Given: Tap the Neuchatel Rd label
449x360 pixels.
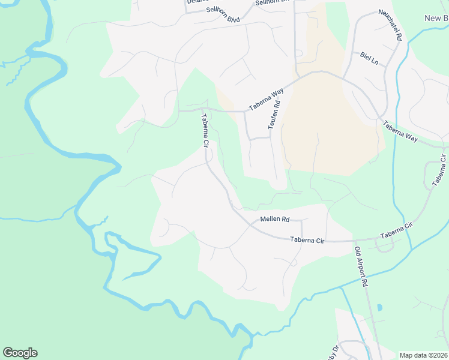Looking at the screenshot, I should [x=390, y=25].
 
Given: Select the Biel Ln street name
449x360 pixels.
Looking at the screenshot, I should [x=370, y=59].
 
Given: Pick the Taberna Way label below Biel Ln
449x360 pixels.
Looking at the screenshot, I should [x=400, y=130].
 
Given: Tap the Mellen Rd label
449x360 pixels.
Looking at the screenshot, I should [x=275, y=220].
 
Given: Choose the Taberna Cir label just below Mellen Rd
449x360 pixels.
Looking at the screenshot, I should [x=307, y=240].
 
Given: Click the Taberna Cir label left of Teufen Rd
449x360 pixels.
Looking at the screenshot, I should [x=205, y=131].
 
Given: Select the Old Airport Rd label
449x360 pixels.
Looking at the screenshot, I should [x=361, y=267].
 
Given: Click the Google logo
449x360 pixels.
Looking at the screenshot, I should [x=20, y=353].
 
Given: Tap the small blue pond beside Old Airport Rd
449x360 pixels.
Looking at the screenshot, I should [x=379, y=308].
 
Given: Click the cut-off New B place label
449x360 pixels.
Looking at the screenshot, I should [x=436, y=18].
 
